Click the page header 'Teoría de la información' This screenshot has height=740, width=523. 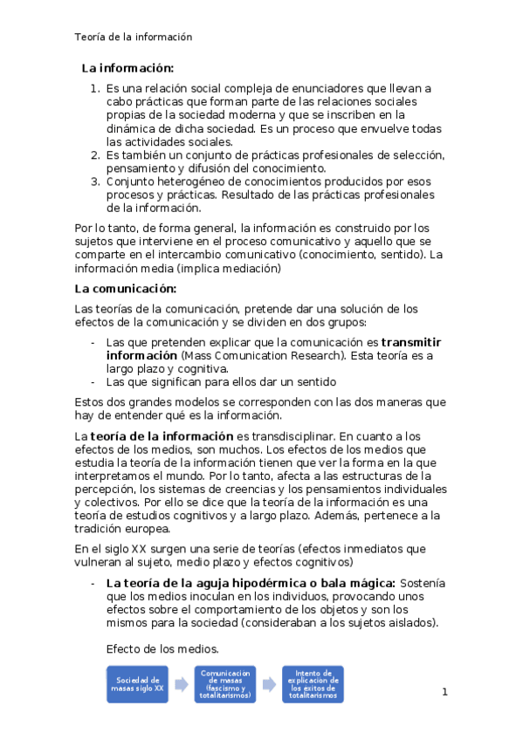tap(134, 37)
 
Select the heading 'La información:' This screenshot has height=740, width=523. tap(127, 68)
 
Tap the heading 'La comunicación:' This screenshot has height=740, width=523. tap(126, 289)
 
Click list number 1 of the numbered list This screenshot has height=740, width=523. tap(96, 89)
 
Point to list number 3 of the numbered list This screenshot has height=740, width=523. tap(96, 182)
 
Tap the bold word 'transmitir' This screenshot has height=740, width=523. tap(411, 343)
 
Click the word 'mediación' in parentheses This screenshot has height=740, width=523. tap(247, 269)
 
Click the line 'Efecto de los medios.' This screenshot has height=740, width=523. tap(162, 649)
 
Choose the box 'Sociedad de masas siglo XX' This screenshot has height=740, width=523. tap(137, 684)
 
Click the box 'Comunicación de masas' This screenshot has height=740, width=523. tap(225, 684)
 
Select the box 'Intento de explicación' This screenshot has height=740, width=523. tap(313, 684)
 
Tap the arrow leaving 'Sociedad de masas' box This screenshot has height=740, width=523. tap(181, 685)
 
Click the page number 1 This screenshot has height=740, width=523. tap(444, 693)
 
